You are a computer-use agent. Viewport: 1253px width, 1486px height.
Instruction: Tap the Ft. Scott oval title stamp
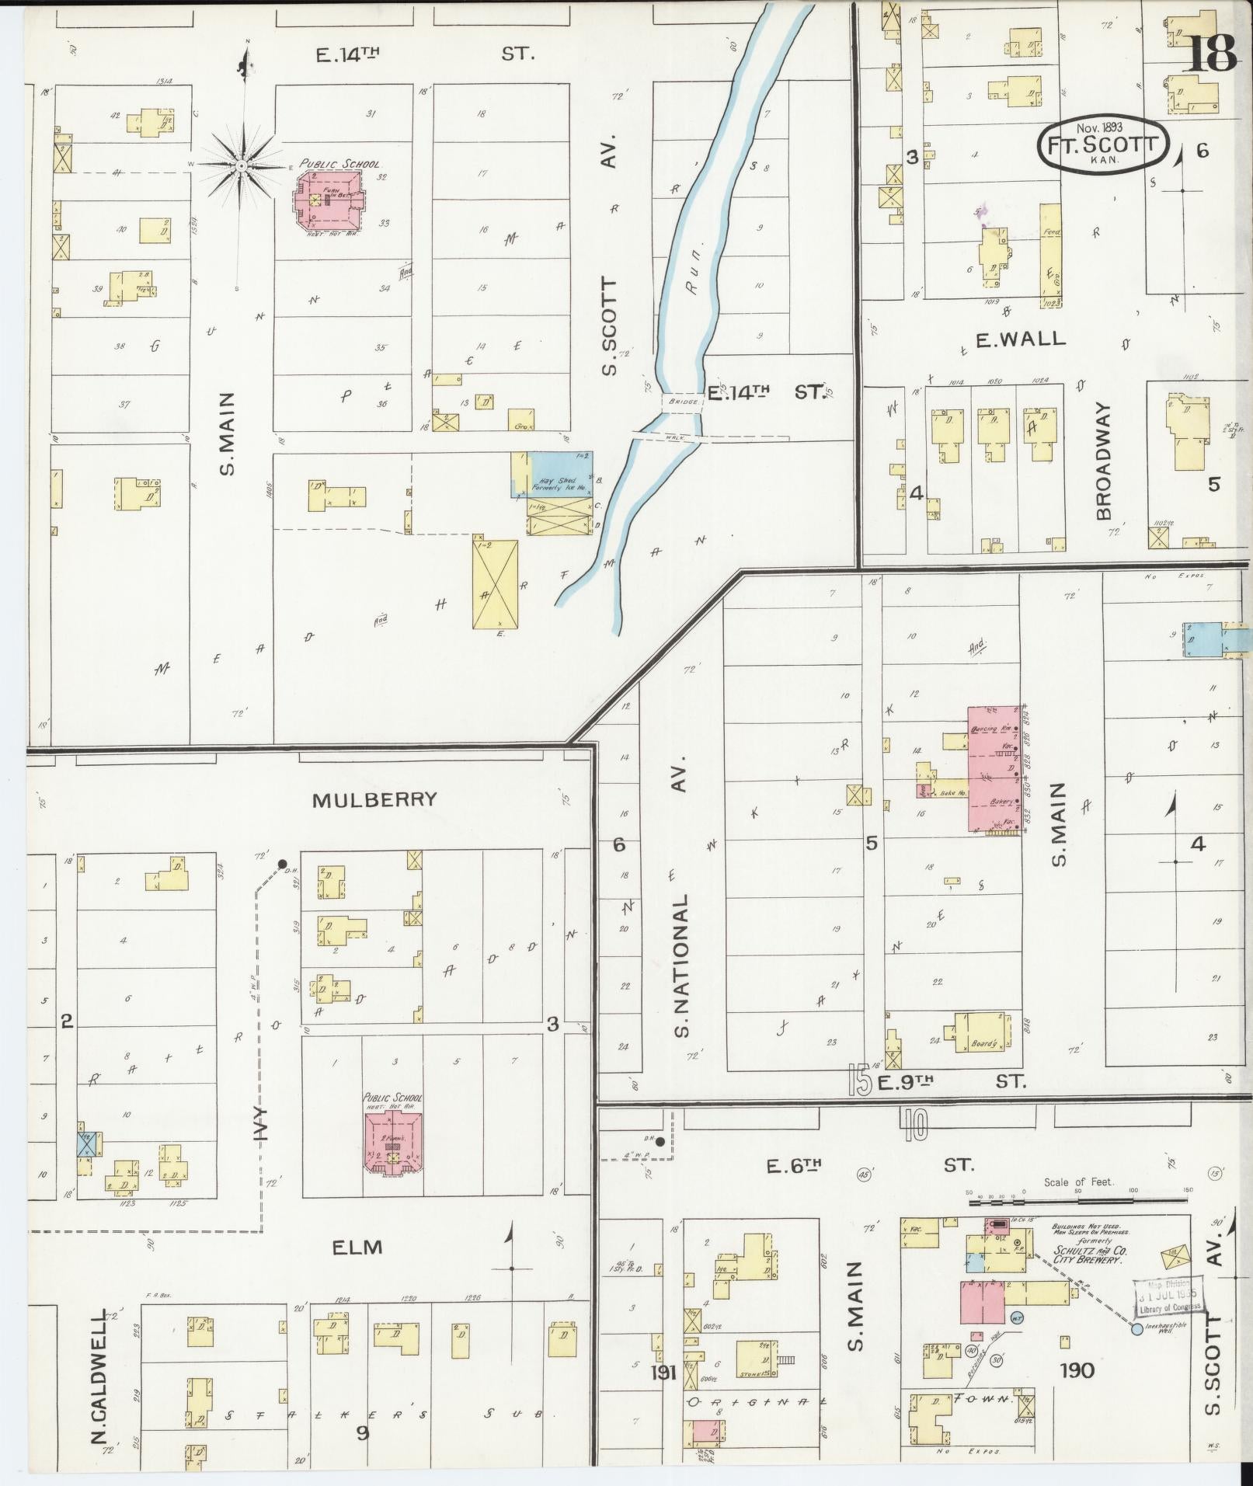point(1103,144)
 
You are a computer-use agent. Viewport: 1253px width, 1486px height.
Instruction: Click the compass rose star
point(242,165)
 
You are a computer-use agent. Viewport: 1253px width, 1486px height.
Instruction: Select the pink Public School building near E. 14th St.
point(328,200)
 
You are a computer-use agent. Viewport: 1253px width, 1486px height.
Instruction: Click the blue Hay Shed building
point(561,475)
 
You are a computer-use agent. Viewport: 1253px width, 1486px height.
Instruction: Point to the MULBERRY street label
point(374,800)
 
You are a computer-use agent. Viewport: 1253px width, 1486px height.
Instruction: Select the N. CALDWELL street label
point(99,1379)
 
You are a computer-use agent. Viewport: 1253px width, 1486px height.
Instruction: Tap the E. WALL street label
point(1010,339)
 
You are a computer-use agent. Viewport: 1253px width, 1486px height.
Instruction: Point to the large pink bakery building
point(993,769)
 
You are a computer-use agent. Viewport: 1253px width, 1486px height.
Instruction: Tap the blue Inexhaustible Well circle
point(1136,1329)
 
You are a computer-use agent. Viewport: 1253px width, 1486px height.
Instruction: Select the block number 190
point(1077,1369)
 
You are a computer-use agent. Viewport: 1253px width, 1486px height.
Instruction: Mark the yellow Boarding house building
point(983,1032)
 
